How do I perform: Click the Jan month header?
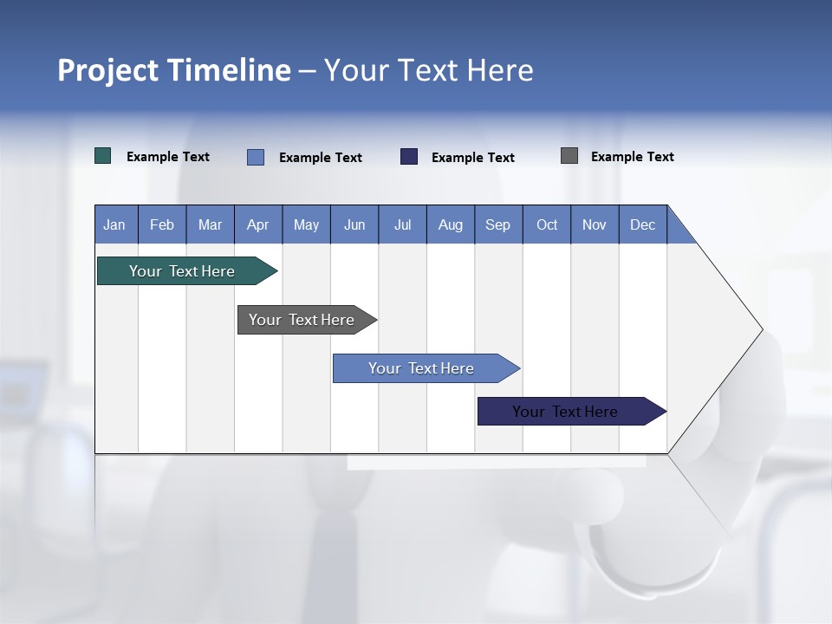click(x=115, y=224)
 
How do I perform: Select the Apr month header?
click(x=257, y=224)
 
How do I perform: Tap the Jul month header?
click(x=402, y=224)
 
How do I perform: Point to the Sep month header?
click(x=497, y=224)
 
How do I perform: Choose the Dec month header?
click(x=642, y=224)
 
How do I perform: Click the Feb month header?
click(x=162, y=224)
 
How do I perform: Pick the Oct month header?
click(x=547, y=224)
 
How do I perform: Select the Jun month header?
click(x=354, y=224)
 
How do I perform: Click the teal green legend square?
click(x=103, y=156)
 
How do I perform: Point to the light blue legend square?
click(x=256, y=157)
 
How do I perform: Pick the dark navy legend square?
click(x=409, y=157)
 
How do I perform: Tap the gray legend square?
click(x=569, y=156)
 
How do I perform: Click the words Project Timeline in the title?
click(x=173, y=70)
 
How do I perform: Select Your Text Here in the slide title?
click(x=428, y=70)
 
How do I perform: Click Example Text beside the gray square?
click(x=632, y=157)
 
